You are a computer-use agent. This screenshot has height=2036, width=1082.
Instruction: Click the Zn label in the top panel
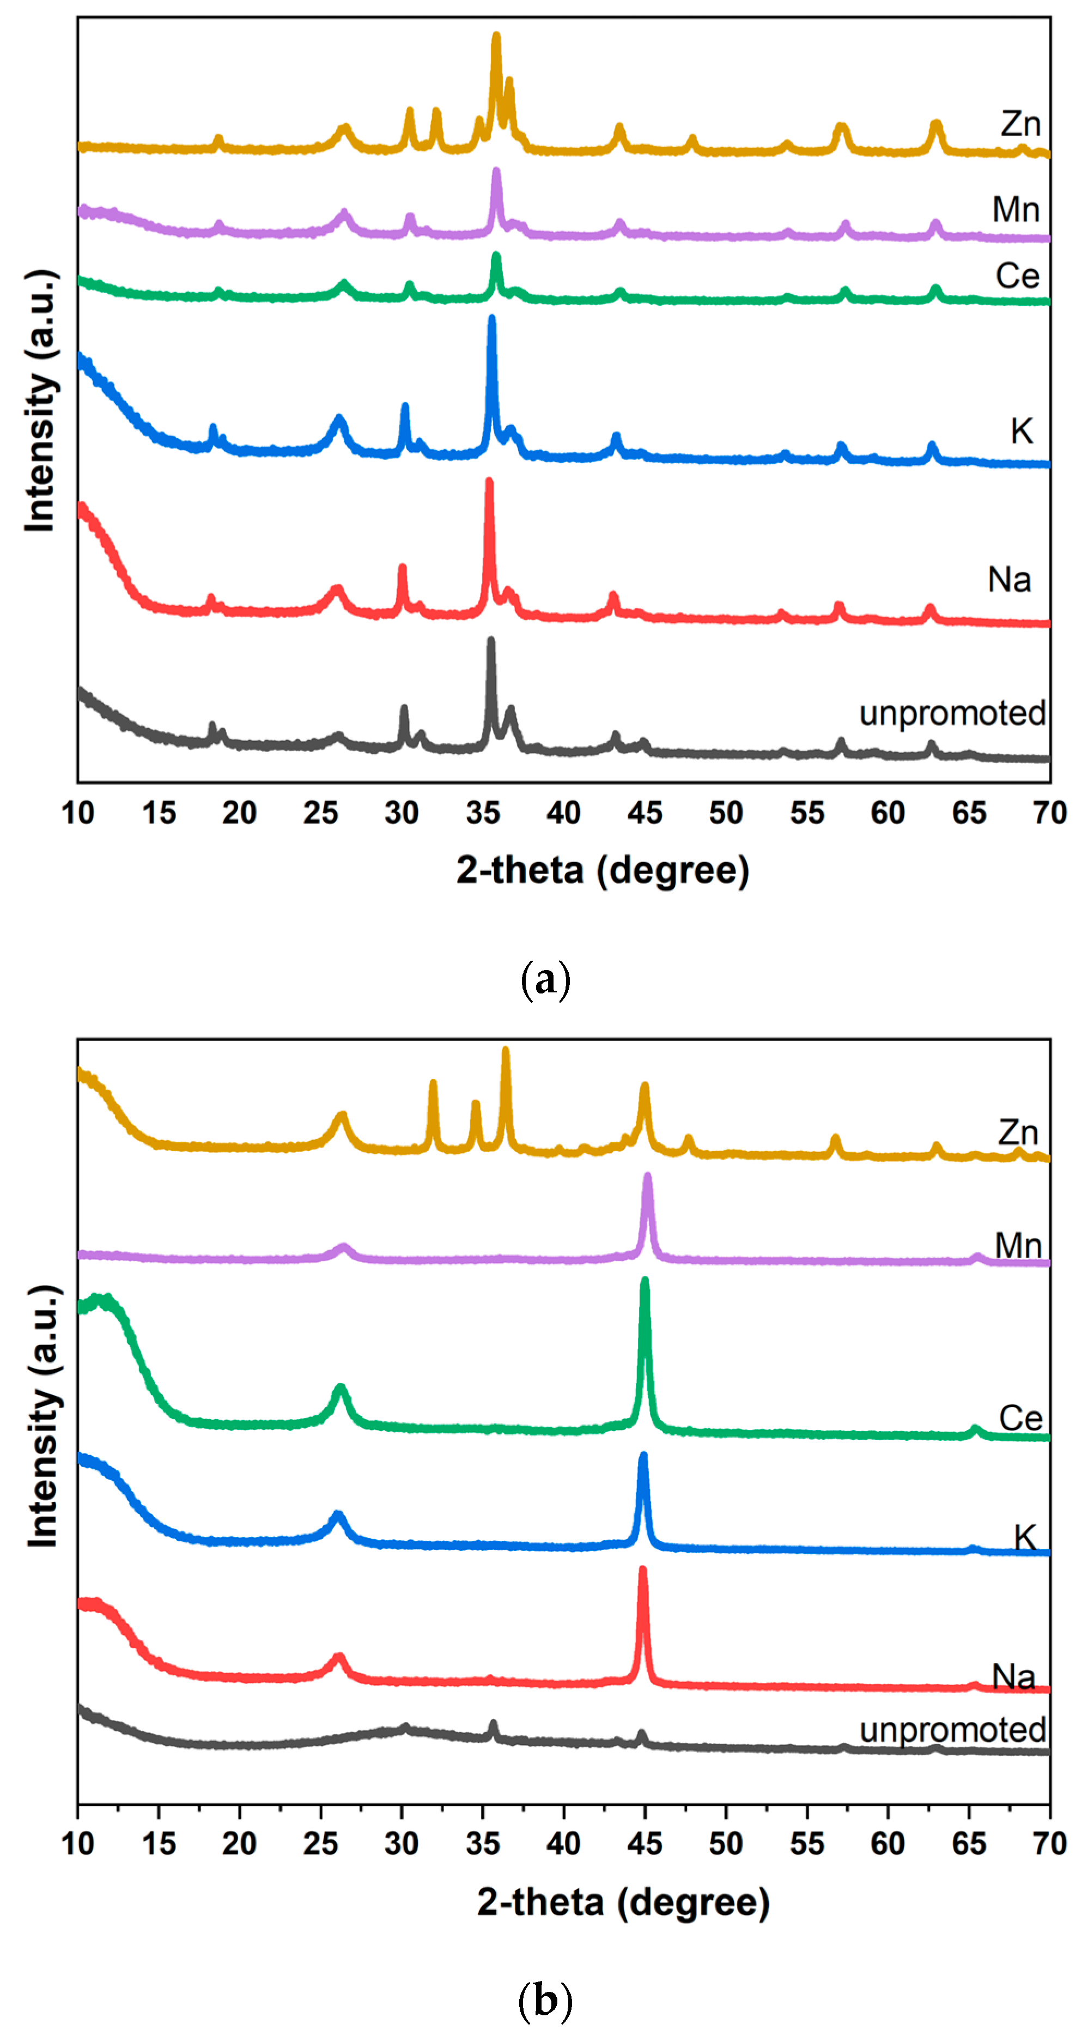coord(1020,124)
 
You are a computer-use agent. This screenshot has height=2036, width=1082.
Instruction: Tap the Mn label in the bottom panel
coord(1018,1246)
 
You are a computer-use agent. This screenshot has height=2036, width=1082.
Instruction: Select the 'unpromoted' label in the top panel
coord(952,714)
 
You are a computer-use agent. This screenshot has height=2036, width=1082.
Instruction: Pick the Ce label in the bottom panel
coord(1020,1418)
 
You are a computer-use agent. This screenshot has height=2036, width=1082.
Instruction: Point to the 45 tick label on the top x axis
coord(645,813)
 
